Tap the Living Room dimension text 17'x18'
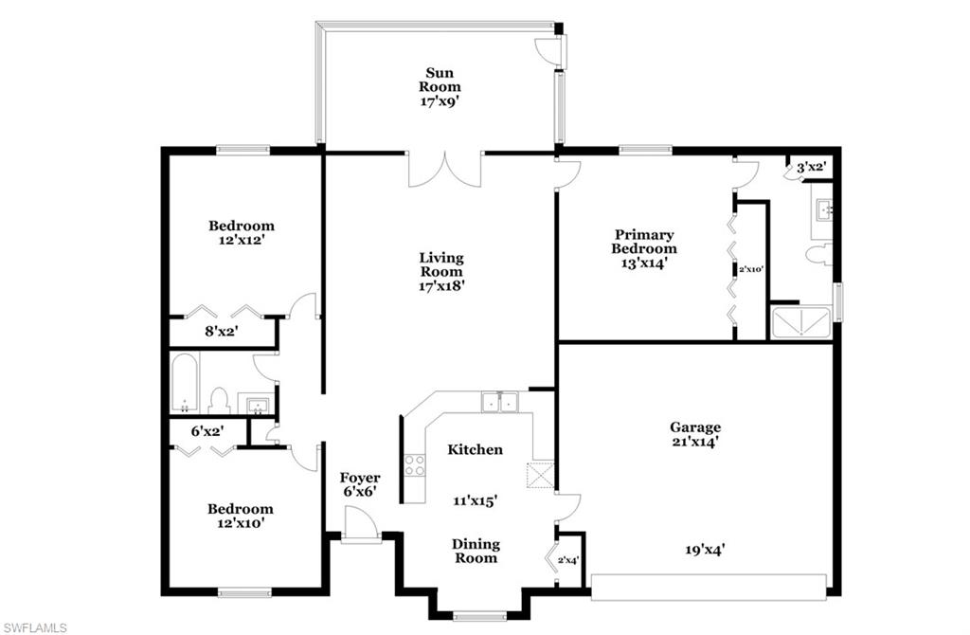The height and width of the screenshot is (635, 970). point(441,283)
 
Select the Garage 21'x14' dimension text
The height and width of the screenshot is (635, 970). point(695,442)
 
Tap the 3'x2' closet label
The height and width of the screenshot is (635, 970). point(812,168)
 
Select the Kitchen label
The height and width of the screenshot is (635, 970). point(475,449)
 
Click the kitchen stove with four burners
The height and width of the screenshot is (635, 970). point(415,465)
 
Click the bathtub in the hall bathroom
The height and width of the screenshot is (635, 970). point(184,383)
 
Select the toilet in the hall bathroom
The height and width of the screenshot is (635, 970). point(220,401)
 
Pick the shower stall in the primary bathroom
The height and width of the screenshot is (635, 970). point(800,323)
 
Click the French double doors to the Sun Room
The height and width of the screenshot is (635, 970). point(445,169)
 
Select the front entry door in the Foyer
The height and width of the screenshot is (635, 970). point(360,524)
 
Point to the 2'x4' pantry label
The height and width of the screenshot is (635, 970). point(567,561)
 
